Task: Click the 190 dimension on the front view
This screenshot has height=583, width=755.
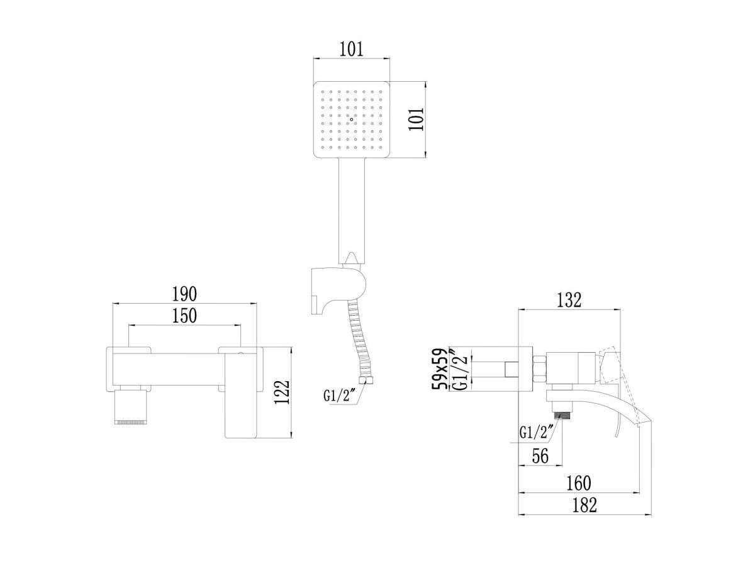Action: pos(184,294)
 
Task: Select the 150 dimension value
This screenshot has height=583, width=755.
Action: pos(184,316)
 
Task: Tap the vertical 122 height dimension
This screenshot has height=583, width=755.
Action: pos(282,392)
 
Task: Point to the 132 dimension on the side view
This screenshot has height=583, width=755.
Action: pos(569,300)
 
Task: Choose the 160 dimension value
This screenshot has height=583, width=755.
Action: pos(578,483)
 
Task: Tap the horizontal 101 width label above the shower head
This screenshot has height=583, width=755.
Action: pos(351,49)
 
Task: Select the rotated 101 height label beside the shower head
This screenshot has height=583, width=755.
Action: pos(417,119)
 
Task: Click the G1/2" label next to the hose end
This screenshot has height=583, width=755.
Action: pos(340,396)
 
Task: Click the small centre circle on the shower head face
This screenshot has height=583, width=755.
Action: pos(351,119)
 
